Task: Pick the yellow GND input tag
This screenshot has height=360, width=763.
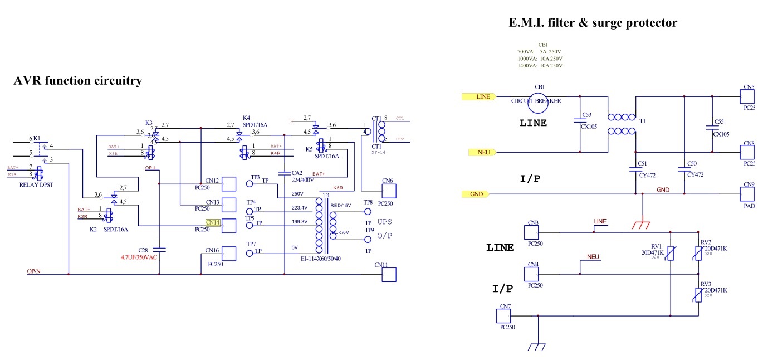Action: point(476,194)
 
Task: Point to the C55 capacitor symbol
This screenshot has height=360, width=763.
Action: point(712,128)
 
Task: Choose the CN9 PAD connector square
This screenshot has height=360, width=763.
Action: point(747,194)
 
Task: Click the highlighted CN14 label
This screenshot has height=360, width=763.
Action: point(213,222)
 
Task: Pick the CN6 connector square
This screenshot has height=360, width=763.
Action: point(388,191)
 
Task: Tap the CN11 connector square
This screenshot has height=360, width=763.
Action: point(388,274)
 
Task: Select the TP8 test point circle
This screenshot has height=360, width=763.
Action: point(368,212)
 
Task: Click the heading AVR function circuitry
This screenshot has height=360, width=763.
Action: point(77,81)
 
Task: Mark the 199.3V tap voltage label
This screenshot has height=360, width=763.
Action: point(300,222)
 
